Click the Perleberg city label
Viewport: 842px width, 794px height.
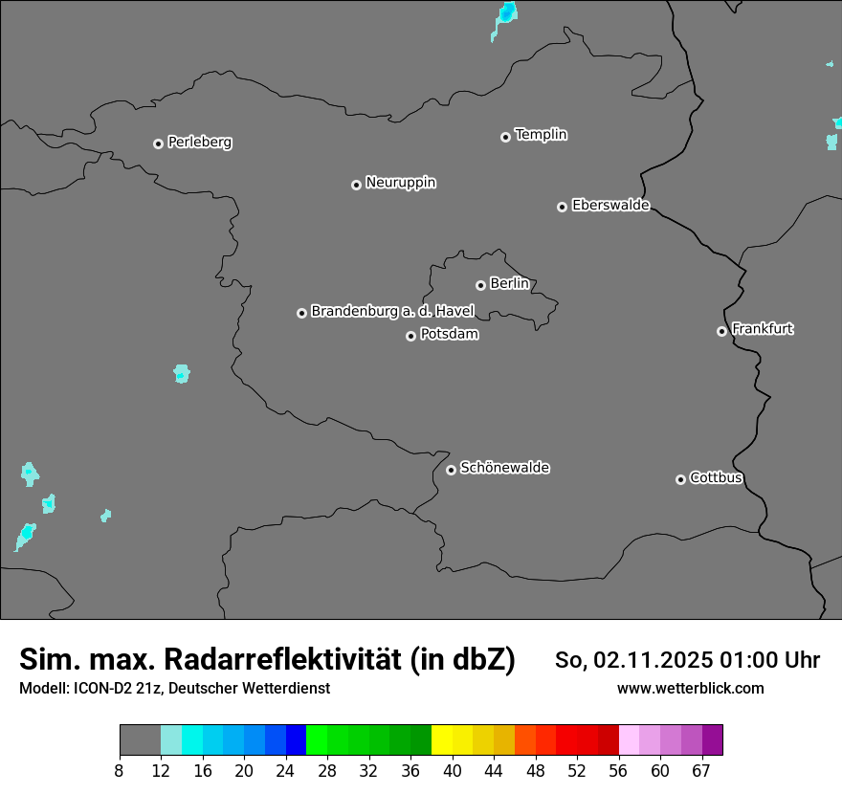(199, 143)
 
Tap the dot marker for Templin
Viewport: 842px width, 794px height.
(505, 137)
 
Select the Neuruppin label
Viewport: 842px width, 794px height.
(400, 183)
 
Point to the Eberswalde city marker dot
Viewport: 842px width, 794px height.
(562, 207)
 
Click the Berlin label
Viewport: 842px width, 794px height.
(509, 284)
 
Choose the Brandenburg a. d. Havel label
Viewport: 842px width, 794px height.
(392, 312)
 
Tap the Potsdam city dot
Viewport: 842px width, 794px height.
(410, 336)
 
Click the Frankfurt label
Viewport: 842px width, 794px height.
(762, 329)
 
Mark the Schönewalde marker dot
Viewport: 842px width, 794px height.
(451, 470)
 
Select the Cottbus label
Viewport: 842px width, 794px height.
(716, 478)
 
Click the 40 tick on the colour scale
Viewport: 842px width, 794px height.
(453, 770)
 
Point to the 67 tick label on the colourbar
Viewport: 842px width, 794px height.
(701, 770)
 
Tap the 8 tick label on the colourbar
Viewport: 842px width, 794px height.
(120, 770)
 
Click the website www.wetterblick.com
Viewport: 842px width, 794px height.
(690, 689)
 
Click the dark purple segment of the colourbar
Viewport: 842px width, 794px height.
(712, 740)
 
